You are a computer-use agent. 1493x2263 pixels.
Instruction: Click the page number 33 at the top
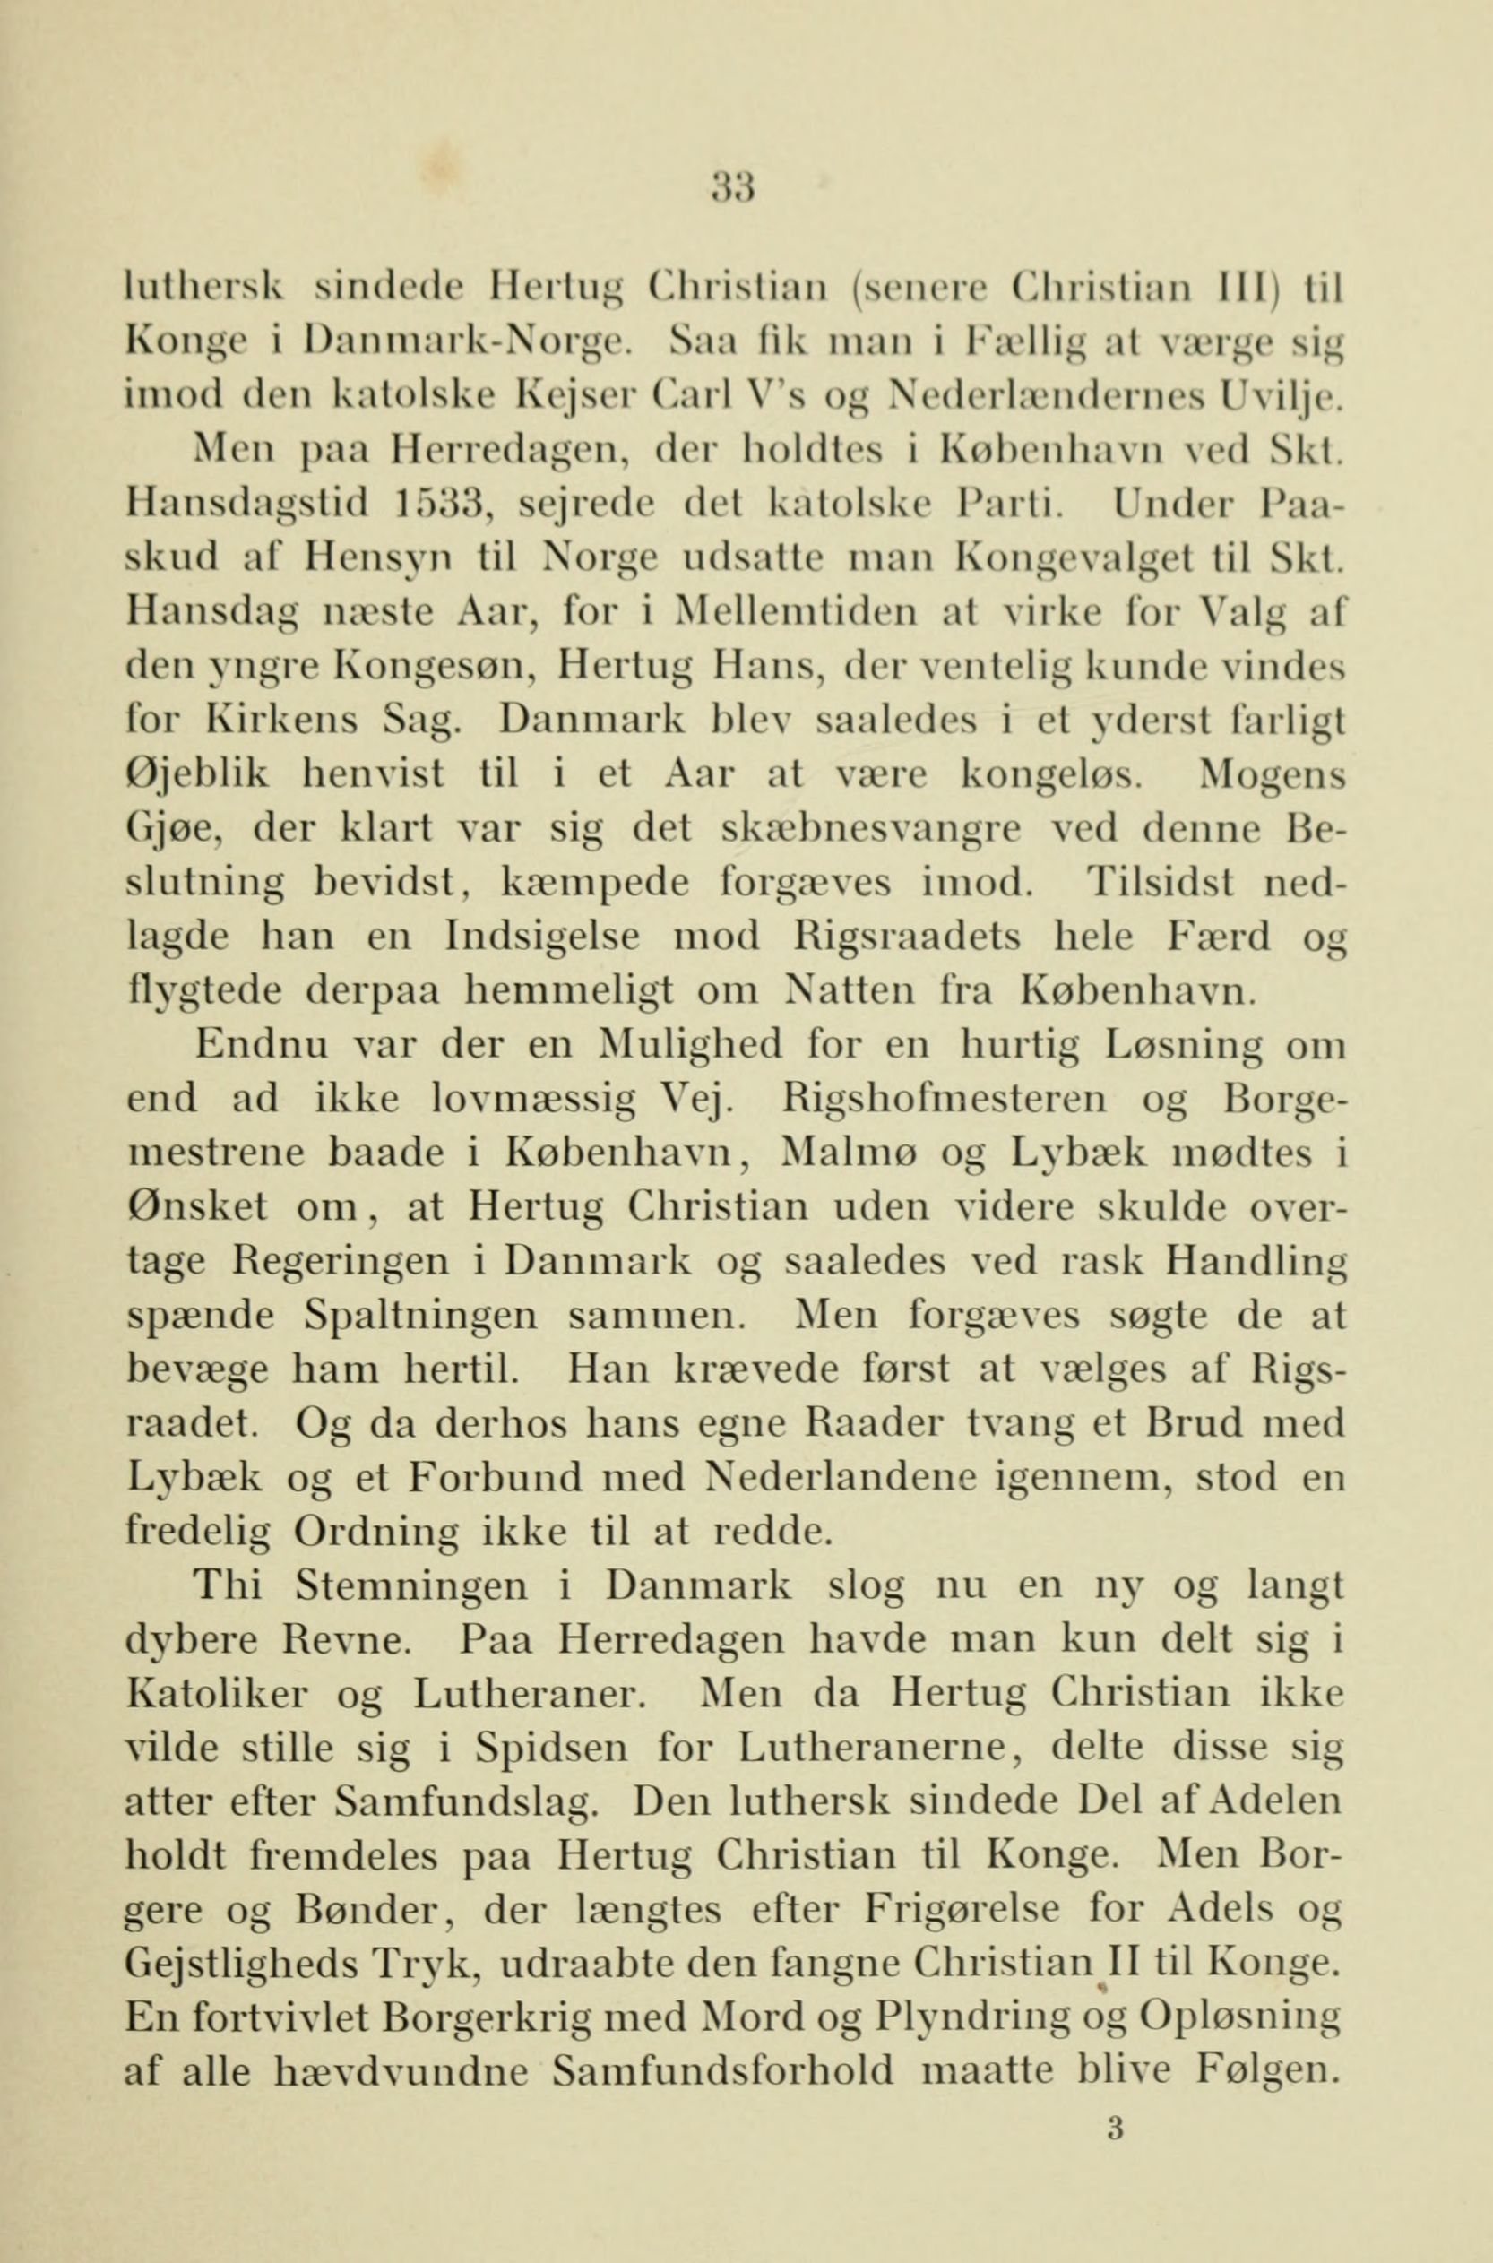pos(732,180)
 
